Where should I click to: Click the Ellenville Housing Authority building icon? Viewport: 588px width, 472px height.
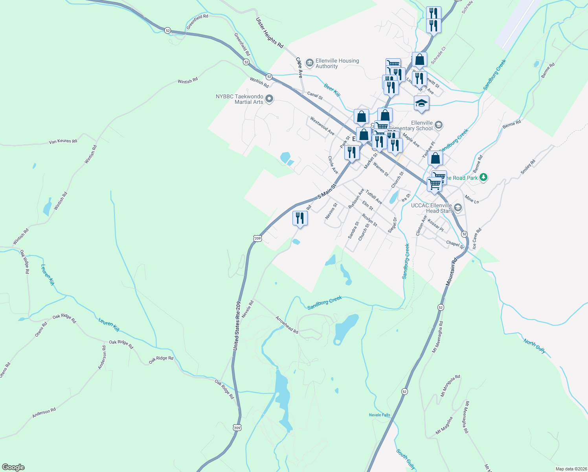[309, 62]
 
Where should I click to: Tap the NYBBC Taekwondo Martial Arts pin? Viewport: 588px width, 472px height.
[269, 98]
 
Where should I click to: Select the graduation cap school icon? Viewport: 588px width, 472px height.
[421, 103]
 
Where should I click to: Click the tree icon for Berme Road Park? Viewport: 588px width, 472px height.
[483, 177]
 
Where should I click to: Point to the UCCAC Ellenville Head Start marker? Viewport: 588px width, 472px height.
[458, 207]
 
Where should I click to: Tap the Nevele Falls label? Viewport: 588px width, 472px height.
[380, 415]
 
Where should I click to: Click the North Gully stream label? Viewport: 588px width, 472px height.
[535, 346]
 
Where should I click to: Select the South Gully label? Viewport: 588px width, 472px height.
[406, 459]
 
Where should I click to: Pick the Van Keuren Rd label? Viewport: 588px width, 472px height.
[63, 141]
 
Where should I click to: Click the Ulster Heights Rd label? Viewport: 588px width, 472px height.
[270, 33]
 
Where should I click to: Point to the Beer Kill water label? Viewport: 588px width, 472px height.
[332, 90]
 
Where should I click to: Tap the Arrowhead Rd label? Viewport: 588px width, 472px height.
[287, 324]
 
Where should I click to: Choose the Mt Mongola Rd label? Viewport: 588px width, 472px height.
[450, 385]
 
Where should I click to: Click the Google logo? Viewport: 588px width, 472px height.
[13, 467]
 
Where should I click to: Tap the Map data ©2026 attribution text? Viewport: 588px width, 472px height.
[570, 469]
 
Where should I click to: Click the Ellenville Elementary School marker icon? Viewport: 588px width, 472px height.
[439, 125]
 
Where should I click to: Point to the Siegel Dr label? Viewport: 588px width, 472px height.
[392, 225]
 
